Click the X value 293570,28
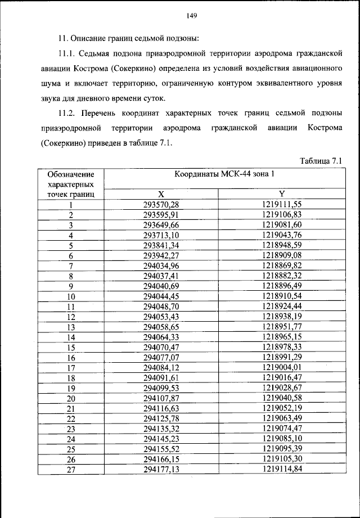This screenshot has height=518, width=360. [161, 205]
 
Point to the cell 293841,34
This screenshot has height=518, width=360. [161, 245]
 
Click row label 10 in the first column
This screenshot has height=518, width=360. [71, 296]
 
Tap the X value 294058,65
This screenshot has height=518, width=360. [161, 327]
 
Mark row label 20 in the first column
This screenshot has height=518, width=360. [71, 398]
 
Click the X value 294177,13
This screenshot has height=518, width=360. [161, 469]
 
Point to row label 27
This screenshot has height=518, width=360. [71, 470]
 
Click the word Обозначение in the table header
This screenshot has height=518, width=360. [71, 174]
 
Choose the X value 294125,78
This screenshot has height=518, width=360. [161, 418]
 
